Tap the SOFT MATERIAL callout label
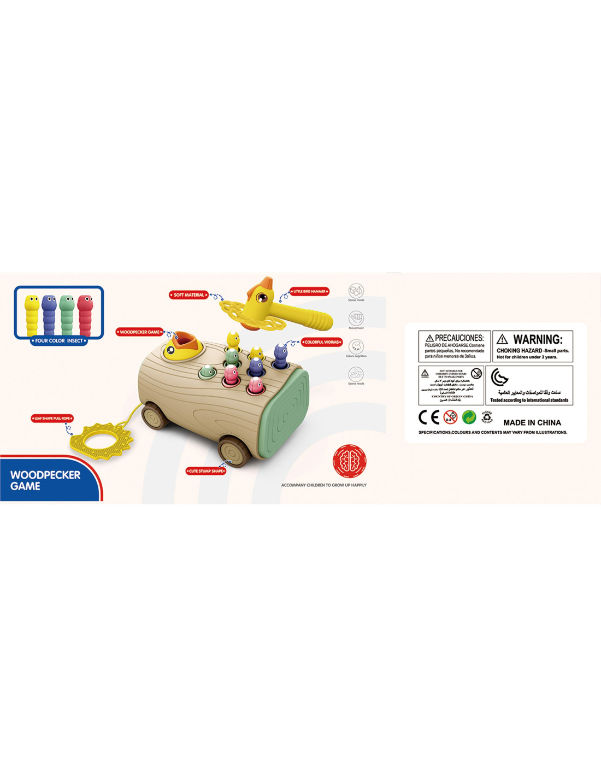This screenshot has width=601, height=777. tap(188, 295)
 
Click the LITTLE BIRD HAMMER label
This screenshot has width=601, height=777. tap(310, 292)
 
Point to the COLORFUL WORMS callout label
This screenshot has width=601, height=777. tap(322, 343)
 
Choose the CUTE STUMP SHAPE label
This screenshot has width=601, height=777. tap(206, 471)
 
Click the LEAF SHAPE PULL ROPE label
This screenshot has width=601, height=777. tap(52, 419)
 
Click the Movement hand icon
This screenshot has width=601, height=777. tap(356, 317)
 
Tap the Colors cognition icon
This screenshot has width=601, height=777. tap(356, 346)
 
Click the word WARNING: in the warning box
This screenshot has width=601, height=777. tap(538, 339)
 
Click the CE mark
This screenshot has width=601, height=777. tap(429, 417)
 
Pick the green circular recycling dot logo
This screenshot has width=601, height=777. tap(469, 417)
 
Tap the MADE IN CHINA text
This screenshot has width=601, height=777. tap(532, 423)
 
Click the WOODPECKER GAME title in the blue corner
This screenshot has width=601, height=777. tap(45, 480)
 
